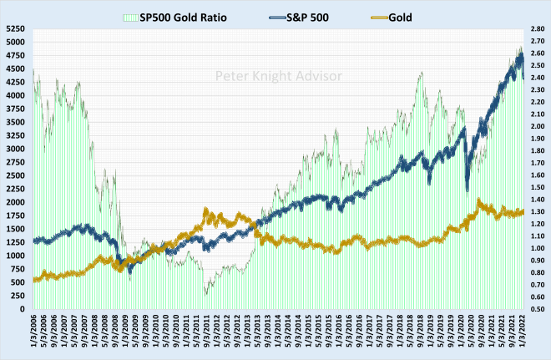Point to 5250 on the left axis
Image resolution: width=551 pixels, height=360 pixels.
click(15, 28)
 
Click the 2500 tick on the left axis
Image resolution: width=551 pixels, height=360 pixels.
click(15, 175)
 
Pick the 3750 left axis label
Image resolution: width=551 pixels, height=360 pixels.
click(15, 109)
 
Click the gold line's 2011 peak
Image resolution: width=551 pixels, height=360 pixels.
click(207, 212)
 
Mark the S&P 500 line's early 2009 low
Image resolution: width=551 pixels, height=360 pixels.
click(129, 269)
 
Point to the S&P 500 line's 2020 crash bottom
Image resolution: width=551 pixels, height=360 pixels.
click(468, 188)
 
